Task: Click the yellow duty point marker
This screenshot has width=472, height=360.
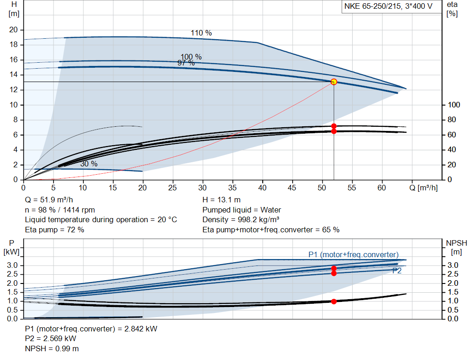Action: click(x=334, y=82)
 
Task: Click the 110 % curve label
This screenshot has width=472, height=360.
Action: click(x=201, y=33)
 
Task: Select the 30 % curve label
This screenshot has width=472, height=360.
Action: click(x=89, y=164)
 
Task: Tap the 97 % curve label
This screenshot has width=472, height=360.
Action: click(x=186, y=63)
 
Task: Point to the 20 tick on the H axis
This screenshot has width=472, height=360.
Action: click(x=13, y=30)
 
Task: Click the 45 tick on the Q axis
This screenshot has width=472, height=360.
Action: click(x=292, y=188)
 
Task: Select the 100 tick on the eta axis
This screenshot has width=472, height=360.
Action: click(x=454, y=105)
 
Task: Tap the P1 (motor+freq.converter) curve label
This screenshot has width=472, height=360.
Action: click(x=354, y=254)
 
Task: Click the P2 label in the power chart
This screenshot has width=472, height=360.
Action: click(x=397, y=271)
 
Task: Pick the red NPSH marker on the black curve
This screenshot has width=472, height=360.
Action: click(x=334, y=301)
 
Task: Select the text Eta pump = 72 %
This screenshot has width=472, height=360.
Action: click(x=54, y=230)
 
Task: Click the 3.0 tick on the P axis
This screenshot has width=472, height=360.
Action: click(x=12, y=266)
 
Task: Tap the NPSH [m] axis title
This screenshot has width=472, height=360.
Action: click(x=456, y=247)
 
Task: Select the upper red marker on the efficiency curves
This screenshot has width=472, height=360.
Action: click(x=334, y=126)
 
